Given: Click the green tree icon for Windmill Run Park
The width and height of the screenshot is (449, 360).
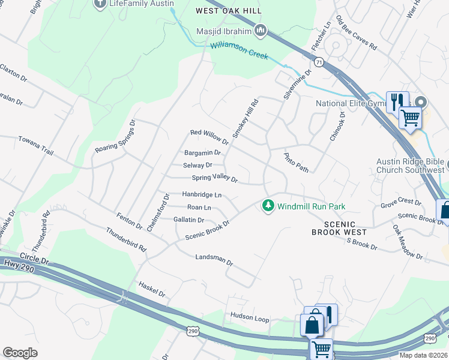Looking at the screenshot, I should point(268,206).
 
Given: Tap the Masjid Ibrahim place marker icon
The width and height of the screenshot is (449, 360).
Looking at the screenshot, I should point(261,30).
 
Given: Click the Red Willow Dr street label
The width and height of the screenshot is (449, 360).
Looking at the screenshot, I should point(209,137).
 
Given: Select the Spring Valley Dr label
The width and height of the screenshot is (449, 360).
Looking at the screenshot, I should point(215,178).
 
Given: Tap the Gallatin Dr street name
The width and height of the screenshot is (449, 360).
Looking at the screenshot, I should point(188,220).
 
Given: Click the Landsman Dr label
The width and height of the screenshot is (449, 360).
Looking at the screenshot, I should point(214,259).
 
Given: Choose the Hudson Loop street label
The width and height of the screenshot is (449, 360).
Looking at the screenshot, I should point(249,318).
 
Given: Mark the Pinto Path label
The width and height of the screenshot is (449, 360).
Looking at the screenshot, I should point(297,162).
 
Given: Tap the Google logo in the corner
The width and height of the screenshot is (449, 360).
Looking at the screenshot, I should point(20,353).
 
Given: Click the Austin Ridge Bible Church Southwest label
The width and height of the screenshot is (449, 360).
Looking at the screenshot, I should point(411,166).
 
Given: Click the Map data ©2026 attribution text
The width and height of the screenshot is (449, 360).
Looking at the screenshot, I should point(423,355).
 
